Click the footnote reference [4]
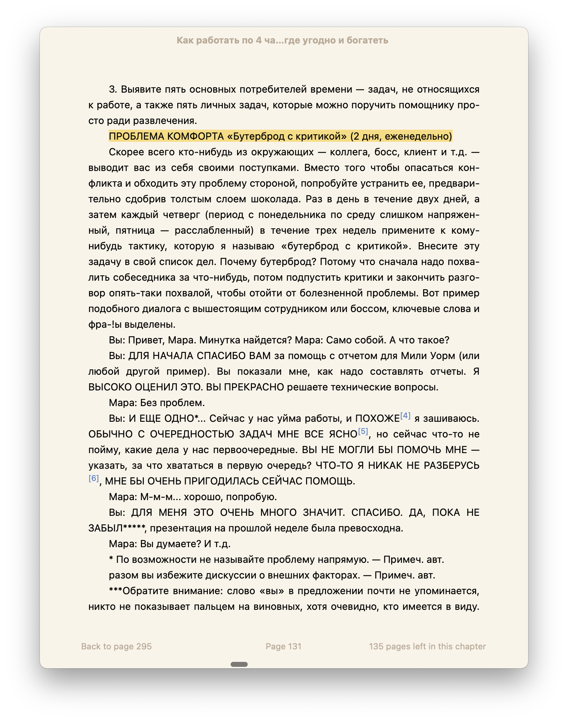click(405, 416)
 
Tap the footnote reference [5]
click(363, 431)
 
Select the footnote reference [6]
click(94, 478)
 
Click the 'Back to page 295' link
click(116, 647)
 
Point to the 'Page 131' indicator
click(283, 647)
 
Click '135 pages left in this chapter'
click(427, 647)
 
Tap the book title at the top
click(282, 40)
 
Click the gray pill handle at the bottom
click(239, 664)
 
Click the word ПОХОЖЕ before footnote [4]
click(377, 419)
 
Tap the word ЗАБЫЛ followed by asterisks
click(105, 528)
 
